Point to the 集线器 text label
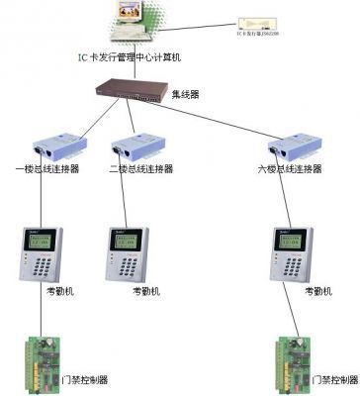pos(185,96)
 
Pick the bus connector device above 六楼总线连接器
pos(298,148)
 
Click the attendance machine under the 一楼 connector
pos(41,252)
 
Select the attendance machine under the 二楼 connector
pos(128,252)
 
